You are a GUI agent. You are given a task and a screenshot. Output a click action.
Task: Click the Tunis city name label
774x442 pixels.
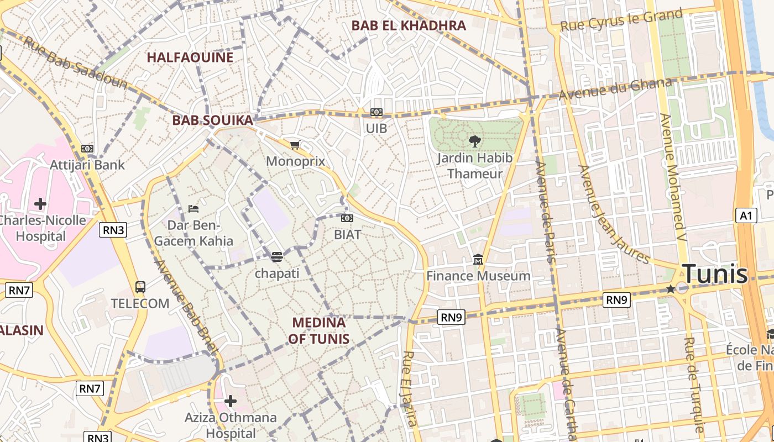pos(714,274)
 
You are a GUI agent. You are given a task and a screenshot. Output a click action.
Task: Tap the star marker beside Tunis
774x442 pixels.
pos(671,288)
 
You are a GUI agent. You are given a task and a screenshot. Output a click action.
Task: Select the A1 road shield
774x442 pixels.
pos(746,215)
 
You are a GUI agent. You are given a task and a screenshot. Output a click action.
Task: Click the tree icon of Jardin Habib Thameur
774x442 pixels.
pos(474,141)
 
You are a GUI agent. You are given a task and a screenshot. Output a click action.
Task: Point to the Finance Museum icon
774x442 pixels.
pos(478,259)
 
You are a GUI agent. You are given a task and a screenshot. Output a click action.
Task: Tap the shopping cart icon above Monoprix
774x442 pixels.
pos(295,145)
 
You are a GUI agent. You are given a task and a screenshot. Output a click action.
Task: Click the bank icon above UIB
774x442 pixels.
pos(376,112)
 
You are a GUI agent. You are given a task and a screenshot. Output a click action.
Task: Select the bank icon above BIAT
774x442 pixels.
pos(347,218)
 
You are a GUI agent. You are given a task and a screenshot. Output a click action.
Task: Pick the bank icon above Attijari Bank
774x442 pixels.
pos(87,148)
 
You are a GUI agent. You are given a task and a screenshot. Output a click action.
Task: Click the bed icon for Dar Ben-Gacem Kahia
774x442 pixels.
pos(193,208)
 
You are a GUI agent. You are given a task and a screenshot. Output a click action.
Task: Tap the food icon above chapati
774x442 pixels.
pos(276,256)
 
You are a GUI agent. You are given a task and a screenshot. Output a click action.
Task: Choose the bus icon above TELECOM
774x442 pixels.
pos(140,287)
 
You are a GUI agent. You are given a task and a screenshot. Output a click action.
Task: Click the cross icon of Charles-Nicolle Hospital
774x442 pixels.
pos(40,203)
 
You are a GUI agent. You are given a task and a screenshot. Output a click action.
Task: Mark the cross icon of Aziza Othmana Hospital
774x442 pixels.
pos(231,401)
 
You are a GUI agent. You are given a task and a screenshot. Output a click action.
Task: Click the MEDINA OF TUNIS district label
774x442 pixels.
pos(318,330)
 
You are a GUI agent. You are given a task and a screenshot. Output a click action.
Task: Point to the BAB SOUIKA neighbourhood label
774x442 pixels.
pos(212,120)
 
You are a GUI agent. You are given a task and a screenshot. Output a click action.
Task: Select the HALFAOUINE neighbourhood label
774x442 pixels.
pos(190,57)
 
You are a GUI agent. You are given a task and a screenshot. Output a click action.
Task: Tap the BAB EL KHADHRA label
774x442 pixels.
pos(409,25)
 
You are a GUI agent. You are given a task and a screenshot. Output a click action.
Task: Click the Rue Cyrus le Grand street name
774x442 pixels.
pos(621,21)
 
